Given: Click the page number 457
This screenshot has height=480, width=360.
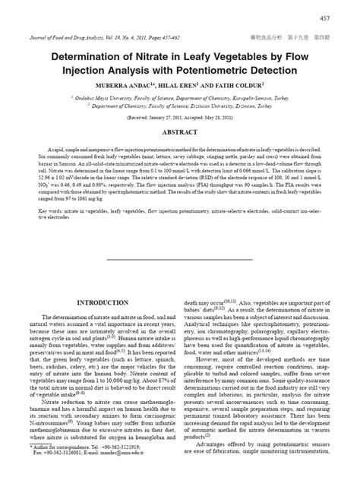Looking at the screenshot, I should point(345,17).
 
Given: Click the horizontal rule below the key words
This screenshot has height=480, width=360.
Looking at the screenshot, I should point(179,257).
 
